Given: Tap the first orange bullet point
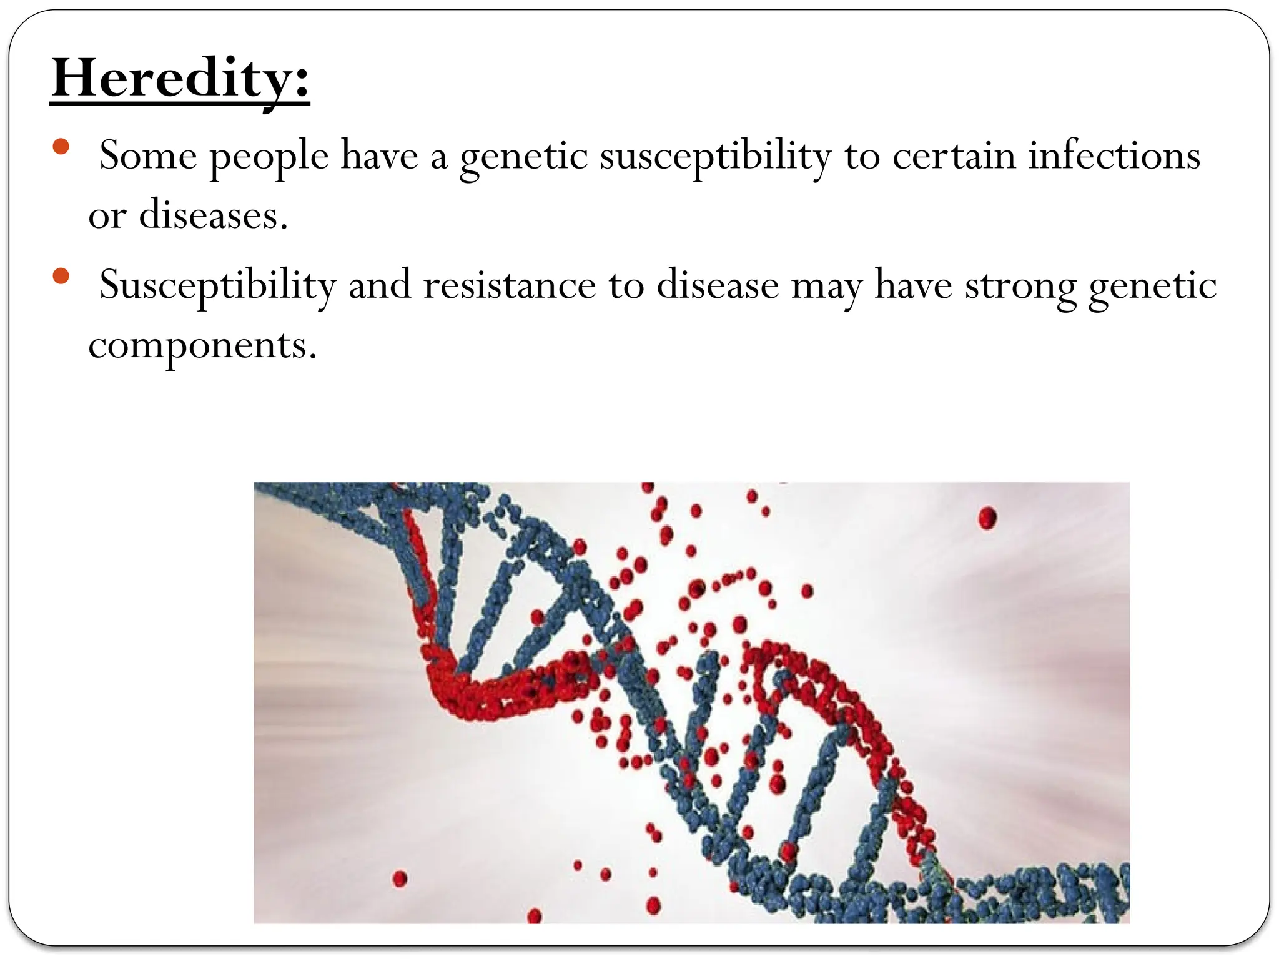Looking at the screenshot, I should (61, 147).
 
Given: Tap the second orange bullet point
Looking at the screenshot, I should (61, 277).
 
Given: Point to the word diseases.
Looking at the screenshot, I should (213, 215).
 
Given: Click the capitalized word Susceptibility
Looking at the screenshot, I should (218, 285).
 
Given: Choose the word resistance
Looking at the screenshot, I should (509, 285).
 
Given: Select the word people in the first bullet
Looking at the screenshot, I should (269, 156).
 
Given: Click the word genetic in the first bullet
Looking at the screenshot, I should (524, 156).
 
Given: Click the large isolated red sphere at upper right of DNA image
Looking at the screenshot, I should (987, 518).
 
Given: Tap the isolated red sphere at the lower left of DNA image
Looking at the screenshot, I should (400, 878).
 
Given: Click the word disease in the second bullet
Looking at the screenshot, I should (718, 285).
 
